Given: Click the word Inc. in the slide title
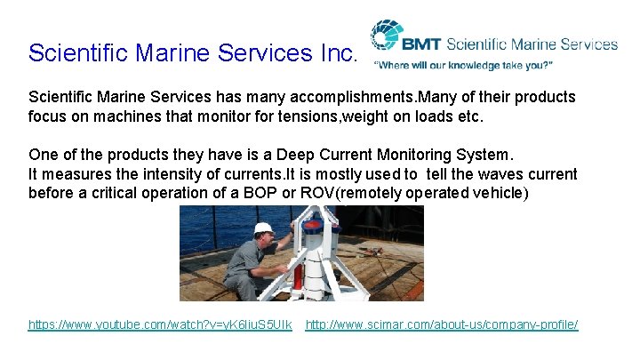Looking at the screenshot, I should pyautogui.click(x=335, y=52).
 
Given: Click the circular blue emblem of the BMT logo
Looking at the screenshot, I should pyautogui.click(x=386, y=37).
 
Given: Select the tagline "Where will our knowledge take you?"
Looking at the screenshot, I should pyautogui.click(x=463, y=66).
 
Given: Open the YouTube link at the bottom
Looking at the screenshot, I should pyautogui.click(x=159, y=325).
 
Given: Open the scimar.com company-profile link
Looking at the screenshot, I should pyautogui.click(x=442, y=325).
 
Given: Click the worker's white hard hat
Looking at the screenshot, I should pyautogui.click(x=262, y=229).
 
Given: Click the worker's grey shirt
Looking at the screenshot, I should pyautogui.click(x=250, y=265).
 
